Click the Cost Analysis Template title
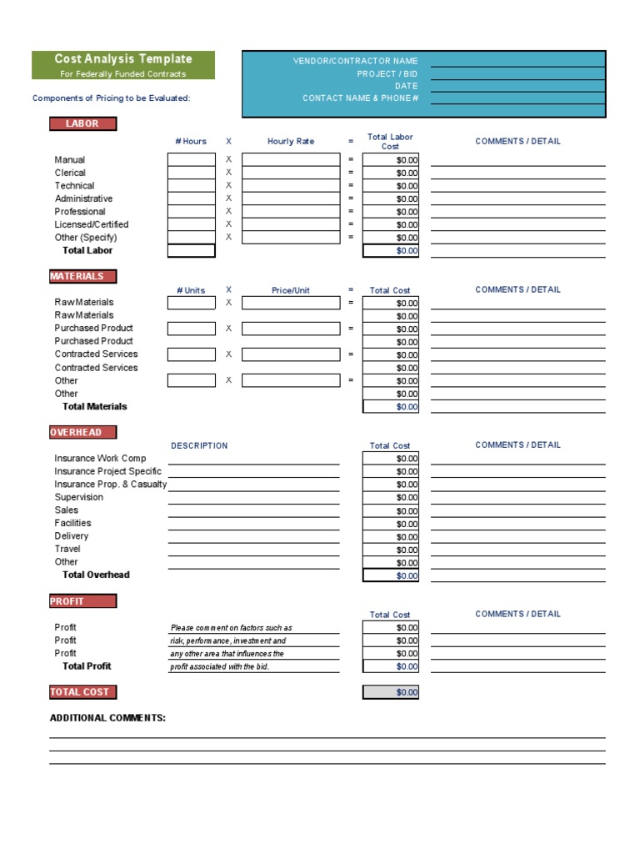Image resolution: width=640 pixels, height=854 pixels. click(x=123, y=59)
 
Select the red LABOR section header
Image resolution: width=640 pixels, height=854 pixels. click(x=82, y=123)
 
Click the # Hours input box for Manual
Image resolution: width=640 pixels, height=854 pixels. click(x=191, y=160)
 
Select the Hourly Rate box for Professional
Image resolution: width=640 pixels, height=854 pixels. click(x=291, y=212)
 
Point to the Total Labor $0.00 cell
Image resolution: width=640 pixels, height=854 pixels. click(x=391, y=250)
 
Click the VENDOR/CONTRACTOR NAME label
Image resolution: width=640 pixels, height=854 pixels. click(x=355, y=61)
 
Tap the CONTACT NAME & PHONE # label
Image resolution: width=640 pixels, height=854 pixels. click(x=360, y=98)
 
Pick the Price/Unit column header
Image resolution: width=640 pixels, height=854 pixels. click(x=291, y=290)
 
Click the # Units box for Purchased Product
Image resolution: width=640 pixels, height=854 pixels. click(x=191, y=329)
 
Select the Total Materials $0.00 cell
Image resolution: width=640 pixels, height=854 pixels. click(x=391, y=407)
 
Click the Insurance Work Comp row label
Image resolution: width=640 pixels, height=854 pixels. click(x=100, y=458)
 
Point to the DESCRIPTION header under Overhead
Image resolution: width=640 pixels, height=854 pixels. click(x=199, y=445)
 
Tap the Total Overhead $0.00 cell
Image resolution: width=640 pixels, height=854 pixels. click(x=391, y=575)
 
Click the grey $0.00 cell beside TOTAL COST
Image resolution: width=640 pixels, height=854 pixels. click(x=391, y=692)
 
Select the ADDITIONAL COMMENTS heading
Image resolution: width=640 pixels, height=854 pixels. click(x=107, y=718)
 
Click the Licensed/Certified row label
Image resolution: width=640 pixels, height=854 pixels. click(x=92, y=224)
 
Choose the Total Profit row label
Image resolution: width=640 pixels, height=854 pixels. click(x=87, y=666)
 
